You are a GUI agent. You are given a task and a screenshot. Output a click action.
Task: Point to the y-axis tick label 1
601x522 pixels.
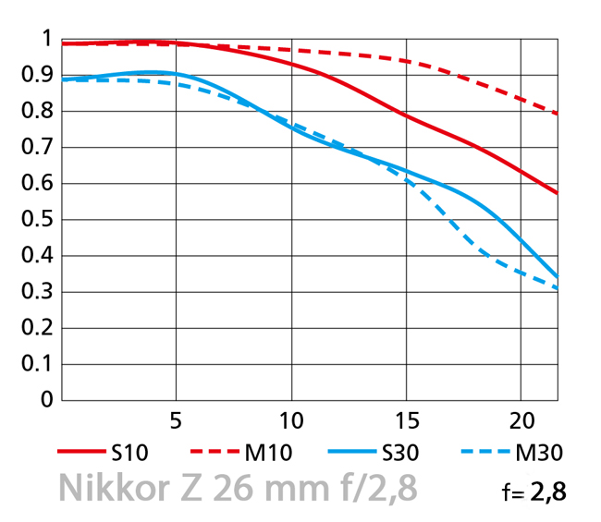[x=45, y=39]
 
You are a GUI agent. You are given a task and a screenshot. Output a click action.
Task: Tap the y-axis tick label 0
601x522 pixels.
[x=45, y=400]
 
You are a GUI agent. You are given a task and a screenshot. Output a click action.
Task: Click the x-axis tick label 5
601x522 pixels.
[x=176, y=421]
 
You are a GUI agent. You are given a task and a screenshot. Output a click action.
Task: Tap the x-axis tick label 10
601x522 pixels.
[x=290, y=421]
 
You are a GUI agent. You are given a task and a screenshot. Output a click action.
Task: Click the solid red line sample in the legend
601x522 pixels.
[x=80, y=453]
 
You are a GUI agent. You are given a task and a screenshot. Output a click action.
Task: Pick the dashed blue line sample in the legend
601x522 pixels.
[x=484, y=453]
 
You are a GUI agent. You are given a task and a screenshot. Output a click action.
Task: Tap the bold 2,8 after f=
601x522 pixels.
[x=546, y=492]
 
